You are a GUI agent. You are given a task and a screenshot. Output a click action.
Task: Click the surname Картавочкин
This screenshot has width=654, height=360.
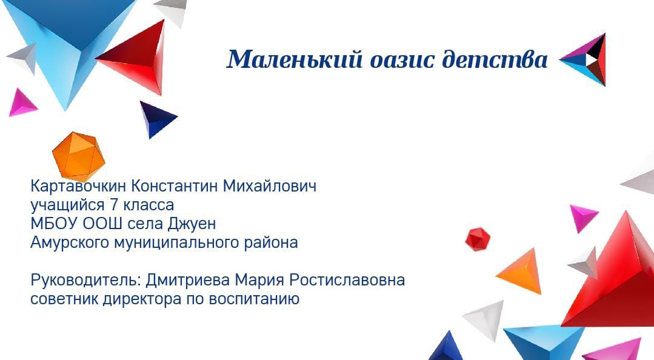coord(78,186)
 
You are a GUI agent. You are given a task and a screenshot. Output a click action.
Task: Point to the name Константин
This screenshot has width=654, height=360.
coord(175,186)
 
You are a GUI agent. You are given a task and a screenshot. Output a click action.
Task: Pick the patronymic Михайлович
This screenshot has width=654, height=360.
coord(270,186)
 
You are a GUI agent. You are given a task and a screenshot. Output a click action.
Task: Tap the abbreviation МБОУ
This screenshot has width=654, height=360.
coord(54,224)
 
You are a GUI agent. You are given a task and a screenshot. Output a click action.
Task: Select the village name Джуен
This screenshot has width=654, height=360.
coord(192,224)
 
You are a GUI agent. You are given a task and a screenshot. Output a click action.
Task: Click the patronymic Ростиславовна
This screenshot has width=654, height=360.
coord(347,280)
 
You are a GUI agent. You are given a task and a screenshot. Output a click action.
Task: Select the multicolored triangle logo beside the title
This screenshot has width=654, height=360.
coord(582,60)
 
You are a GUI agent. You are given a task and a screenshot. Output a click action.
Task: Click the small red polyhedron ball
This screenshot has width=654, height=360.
coord(478,239)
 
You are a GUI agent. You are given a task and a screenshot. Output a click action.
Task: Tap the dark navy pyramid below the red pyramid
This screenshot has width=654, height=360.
coord(157,118)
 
